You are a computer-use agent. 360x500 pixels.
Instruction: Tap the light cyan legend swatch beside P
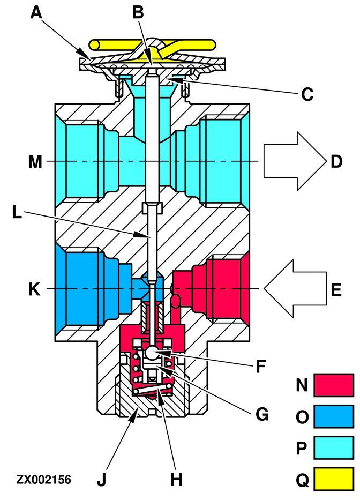[x=333, y=448]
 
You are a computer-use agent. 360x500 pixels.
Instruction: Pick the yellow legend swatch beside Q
[x=333, y=478]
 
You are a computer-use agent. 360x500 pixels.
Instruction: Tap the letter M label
[x=35, y=161]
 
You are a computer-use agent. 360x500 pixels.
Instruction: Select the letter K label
[x=35, y=290]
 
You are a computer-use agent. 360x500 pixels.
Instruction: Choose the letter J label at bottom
[x=101, y=479]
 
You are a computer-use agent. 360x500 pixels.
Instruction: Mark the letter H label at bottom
[x=176, y=479]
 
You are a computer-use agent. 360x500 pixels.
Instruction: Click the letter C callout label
[x=307, y=94]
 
